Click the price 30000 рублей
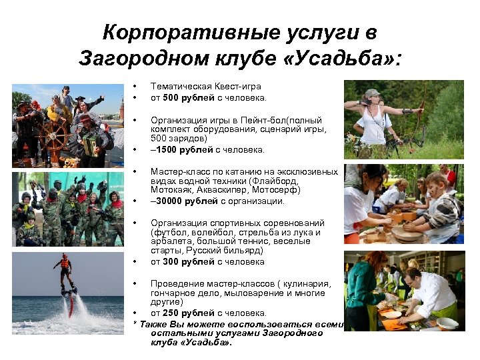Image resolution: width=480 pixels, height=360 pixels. click(x=189, y=201)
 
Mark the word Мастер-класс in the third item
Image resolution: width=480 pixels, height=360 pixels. click(x=178, y=171)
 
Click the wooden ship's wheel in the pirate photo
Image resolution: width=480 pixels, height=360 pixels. click(x=54, y=137)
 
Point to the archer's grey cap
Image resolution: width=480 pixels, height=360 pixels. click(x=372, y=93)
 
